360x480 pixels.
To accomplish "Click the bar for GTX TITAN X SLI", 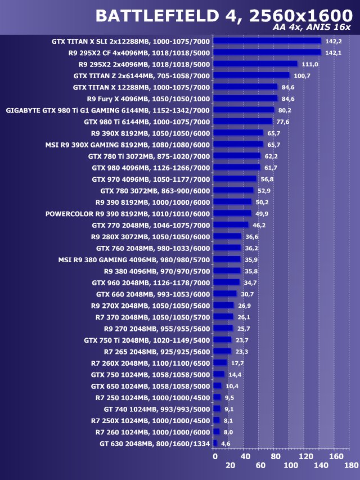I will (x=267, y=41).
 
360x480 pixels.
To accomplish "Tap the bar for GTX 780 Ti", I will (x=237, y=156).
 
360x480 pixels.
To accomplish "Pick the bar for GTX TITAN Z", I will (x=251, y=75).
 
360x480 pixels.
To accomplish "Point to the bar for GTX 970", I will (x=235, y=179).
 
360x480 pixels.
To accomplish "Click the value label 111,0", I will (x=310, y=64).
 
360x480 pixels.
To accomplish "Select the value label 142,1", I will (x=334, y=52).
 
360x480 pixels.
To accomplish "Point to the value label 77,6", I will (x=283, y=122).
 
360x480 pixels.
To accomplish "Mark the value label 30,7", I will (x=247, y=294).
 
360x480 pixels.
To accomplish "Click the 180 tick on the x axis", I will (x=351, y=466).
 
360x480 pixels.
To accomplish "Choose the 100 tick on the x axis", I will (x=290, y=466).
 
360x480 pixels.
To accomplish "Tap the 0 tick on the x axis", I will (x=214, y=457).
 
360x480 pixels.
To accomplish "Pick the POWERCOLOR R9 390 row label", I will (x=127, y=214).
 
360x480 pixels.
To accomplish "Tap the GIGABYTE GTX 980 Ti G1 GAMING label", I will (x=107, y=110).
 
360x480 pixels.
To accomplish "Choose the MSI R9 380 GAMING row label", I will (x=134, y=260).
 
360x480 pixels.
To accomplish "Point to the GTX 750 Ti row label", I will (x=147, y=340).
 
